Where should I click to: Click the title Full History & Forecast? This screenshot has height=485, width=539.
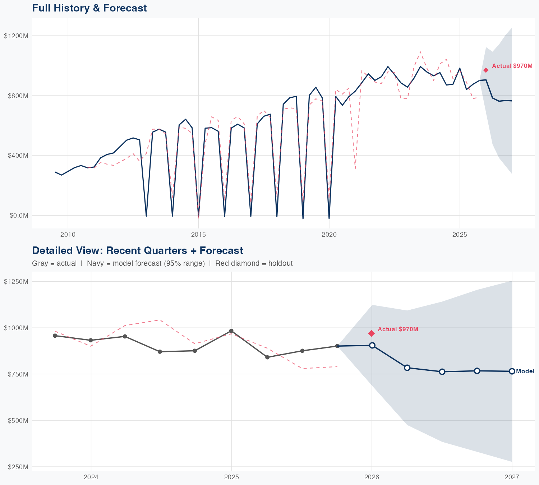89,8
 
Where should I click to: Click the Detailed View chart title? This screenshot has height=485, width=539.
137,250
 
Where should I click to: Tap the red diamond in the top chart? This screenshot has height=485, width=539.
486,70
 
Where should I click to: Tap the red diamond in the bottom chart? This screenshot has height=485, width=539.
372,333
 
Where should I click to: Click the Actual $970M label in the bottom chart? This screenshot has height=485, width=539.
398,329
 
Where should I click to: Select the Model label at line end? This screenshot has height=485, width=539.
525,371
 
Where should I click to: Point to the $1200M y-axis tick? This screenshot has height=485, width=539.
16,36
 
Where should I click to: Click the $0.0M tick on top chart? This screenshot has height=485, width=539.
18,216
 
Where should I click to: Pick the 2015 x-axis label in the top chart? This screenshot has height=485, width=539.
198,235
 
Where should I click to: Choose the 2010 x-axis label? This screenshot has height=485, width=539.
68,235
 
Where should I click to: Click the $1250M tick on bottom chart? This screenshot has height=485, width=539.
16,281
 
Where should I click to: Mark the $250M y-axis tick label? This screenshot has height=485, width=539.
18,467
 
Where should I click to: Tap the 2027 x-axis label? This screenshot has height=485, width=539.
512,477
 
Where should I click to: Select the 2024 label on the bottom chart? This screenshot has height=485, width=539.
91,477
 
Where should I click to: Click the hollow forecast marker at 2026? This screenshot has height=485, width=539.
372,345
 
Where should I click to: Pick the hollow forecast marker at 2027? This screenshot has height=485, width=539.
512,371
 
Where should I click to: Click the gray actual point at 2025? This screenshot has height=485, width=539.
231,331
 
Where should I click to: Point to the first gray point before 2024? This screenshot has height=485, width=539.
55,336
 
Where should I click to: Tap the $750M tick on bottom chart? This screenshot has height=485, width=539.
18,374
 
